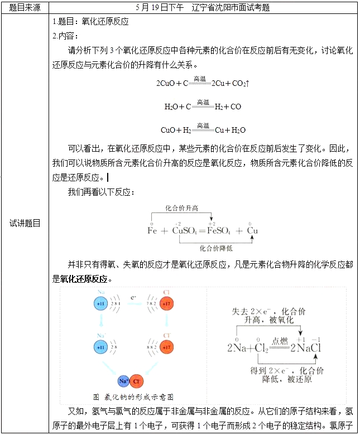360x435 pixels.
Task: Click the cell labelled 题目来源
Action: [x=25, y=8]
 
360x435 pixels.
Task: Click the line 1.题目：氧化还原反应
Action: [x=90, y=22]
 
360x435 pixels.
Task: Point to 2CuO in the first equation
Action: [x=166, y=84]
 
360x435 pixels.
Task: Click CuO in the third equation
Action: [x=169, y=130]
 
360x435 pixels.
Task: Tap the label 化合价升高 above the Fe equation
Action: [x=181, y=208]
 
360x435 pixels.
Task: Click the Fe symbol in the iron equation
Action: [x=152, y=230]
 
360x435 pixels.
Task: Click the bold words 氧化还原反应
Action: [x=84, y=278]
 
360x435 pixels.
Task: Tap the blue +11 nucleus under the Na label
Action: [x=101, y=304]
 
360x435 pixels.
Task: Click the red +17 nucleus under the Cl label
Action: [x=166, y=304]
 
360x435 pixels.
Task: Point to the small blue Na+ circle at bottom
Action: [x=124, y=381]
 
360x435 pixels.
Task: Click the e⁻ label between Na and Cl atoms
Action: [x=133, y=297]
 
